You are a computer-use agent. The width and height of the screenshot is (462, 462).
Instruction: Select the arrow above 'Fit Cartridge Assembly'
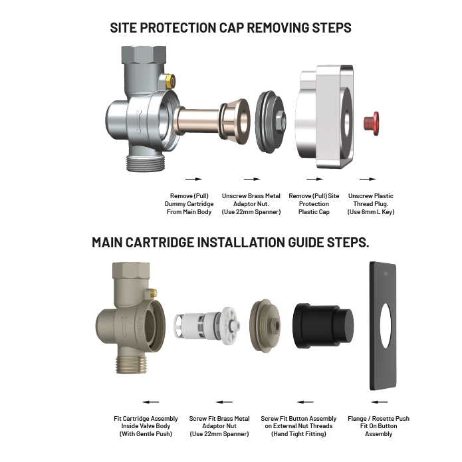coord(151,402)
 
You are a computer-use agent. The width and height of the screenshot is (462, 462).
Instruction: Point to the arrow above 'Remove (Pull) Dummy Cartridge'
coord(193,179)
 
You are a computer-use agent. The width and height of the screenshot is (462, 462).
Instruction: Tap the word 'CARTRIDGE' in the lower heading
coord(158,243)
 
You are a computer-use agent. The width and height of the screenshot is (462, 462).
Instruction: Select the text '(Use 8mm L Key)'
coord(370,212)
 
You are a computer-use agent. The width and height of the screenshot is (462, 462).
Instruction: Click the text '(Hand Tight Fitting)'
coord(298,434)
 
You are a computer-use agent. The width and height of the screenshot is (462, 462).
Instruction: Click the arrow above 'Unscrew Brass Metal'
coord(251,179)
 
